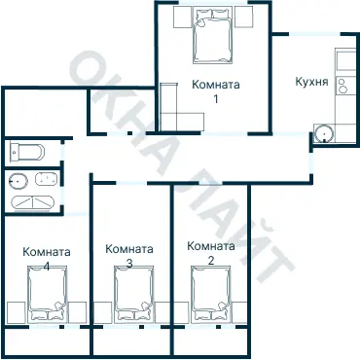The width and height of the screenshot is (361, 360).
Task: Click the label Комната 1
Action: [215, 91]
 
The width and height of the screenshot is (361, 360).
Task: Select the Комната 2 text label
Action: [210, 253]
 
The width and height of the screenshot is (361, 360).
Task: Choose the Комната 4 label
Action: [47, 258]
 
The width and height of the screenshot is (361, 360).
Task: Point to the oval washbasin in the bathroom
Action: [42, 179]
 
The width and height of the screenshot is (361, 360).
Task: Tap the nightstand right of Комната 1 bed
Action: [247, 18]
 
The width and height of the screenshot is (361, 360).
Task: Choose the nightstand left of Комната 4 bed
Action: [15, 313]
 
